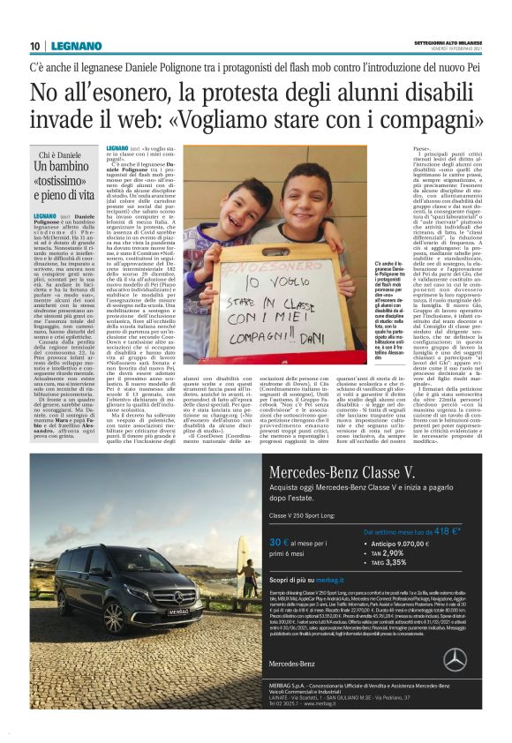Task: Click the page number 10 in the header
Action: (x=34, y=46)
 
